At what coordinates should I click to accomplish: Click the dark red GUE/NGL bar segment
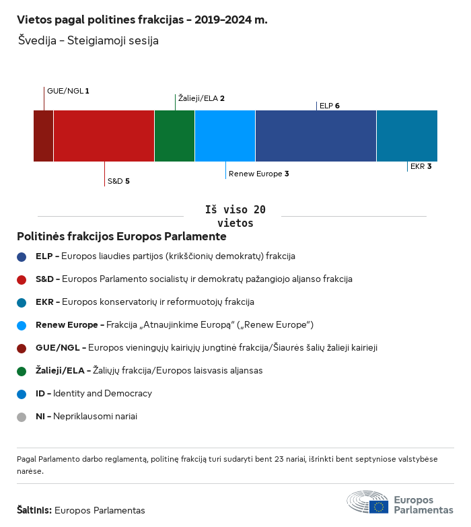pyautogui.click(x=43, y=136)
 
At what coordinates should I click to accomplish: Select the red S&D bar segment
pyautogui.click(x=104, y=136)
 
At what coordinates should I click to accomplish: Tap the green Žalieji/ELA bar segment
pyautogui.click(x=174, y=136)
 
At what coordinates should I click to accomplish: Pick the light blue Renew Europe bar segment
pyautogui.click(x=225, y=136)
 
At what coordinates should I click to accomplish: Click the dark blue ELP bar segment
pyautogui.click(x=316, y=136)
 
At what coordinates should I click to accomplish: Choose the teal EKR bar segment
pyautogui.click(x=406, y=136)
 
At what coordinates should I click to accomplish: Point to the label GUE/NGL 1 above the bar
pyautogui.click(x=67, y=91)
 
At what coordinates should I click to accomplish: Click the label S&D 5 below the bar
pyautogui.click(x=118, y=181)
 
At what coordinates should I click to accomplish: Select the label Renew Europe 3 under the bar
pyautogui.click(x=259, y=174)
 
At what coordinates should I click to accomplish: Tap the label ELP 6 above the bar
pyautogui.click(x=329, y=106)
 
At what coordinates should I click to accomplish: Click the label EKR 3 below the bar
pyautogui.click(x=421, y=166)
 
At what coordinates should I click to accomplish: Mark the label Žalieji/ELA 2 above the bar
pyautogui.click(x=201, y=98)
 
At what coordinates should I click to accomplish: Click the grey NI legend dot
pyautogui.click(x=22, y=417)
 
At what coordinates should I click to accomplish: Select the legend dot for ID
pyautogui.click(x=22, y=394)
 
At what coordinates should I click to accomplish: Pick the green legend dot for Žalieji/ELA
pyautogui.click(x=22, y=371)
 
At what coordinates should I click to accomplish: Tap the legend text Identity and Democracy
pyautogui.click(x=102, y=394)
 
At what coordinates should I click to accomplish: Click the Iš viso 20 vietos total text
pyautogui.click(x=235, y=216)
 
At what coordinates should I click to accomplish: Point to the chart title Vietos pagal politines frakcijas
pyautogui.click(x=142, y=20)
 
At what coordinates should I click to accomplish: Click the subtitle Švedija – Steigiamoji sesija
pyautogui.click(x=89, y=41)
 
